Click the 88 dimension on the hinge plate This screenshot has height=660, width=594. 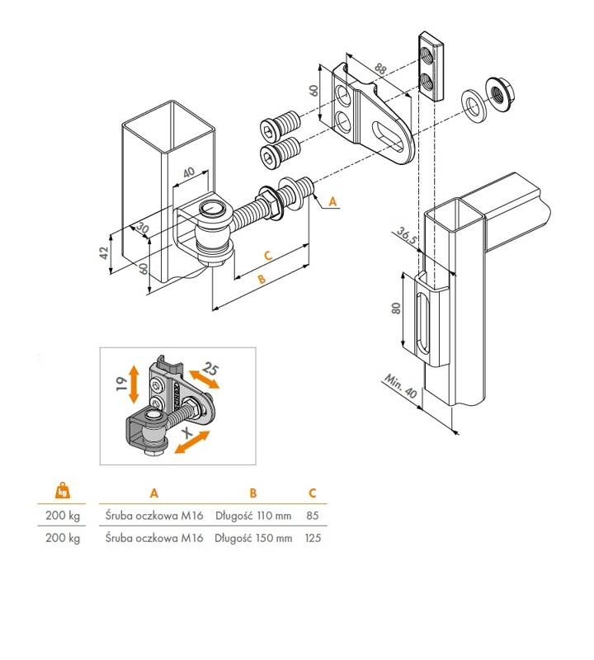coord(380,69)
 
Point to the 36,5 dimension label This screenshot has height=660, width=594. coord(407,236)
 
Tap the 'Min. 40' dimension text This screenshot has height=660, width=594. coord(400,386)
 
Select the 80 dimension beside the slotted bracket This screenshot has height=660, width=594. coord(396,308)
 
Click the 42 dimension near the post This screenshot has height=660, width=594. coord(104,252)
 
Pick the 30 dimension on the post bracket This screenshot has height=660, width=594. coord(142,229)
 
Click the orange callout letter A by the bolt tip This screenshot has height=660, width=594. coord(332,201)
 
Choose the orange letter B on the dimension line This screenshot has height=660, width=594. coord(262,279)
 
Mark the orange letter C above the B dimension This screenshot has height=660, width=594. coord(268,255)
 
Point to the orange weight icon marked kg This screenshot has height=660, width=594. coord(63,491)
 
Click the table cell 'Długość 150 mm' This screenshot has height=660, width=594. coord(253,538)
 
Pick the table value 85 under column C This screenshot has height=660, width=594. coord(313,516)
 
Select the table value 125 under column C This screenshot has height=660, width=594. coord(313,538)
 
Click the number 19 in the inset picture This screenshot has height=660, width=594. coord(121,384)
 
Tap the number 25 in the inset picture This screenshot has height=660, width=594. coord(210,369)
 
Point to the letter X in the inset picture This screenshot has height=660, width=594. coord(188,432)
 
